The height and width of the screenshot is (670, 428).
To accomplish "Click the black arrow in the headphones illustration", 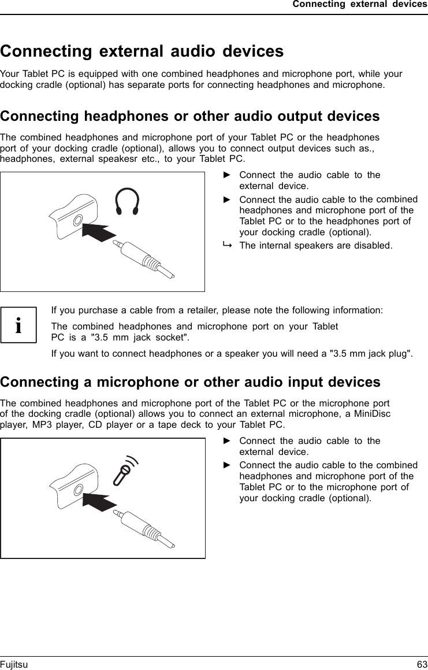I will pos(103,231).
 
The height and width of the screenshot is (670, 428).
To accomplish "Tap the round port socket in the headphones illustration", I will pos(78,219).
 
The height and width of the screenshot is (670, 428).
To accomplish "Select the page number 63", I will pos(422,665).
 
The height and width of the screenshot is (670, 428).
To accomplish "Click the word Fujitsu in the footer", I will pos(14,665).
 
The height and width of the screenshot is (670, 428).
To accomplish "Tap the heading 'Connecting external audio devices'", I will pos(142,51).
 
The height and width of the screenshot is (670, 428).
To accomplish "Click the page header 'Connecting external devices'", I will pos(359,5).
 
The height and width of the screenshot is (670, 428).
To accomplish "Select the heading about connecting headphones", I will pos(190,116).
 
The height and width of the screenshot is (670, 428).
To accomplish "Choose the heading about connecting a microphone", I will pos(190,382).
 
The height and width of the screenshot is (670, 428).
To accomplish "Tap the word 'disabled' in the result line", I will pos(373,246).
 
